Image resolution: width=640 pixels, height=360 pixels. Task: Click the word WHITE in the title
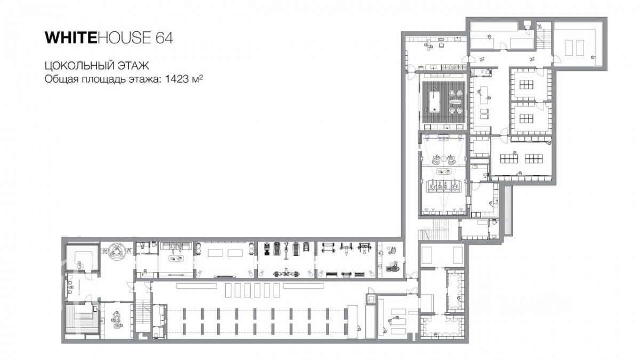pyautogui.click(x=71, y=38)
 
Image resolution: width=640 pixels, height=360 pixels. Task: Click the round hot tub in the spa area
pyautogui.click(x=117, y=251)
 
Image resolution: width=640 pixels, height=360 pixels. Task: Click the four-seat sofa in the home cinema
pyautogui.click(x=443, y=186)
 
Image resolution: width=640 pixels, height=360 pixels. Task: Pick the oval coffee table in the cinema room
pyautogui.click(x=443, y=171)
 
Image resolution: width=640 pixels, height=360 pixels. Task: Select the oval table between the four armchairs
pyautogui.click(x=455, y=102)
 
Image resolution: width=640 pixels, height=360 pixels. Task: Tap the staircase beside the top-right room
pyautogui.click(x=543, y=39)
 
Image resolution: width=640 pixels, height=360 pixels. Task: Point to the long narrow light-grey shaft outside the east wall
pyautogui.click(x=507, y=210)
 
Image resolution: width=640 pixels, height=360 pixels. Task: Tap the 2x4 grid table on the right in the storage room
pyautogui.click(x=534, y=158)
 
